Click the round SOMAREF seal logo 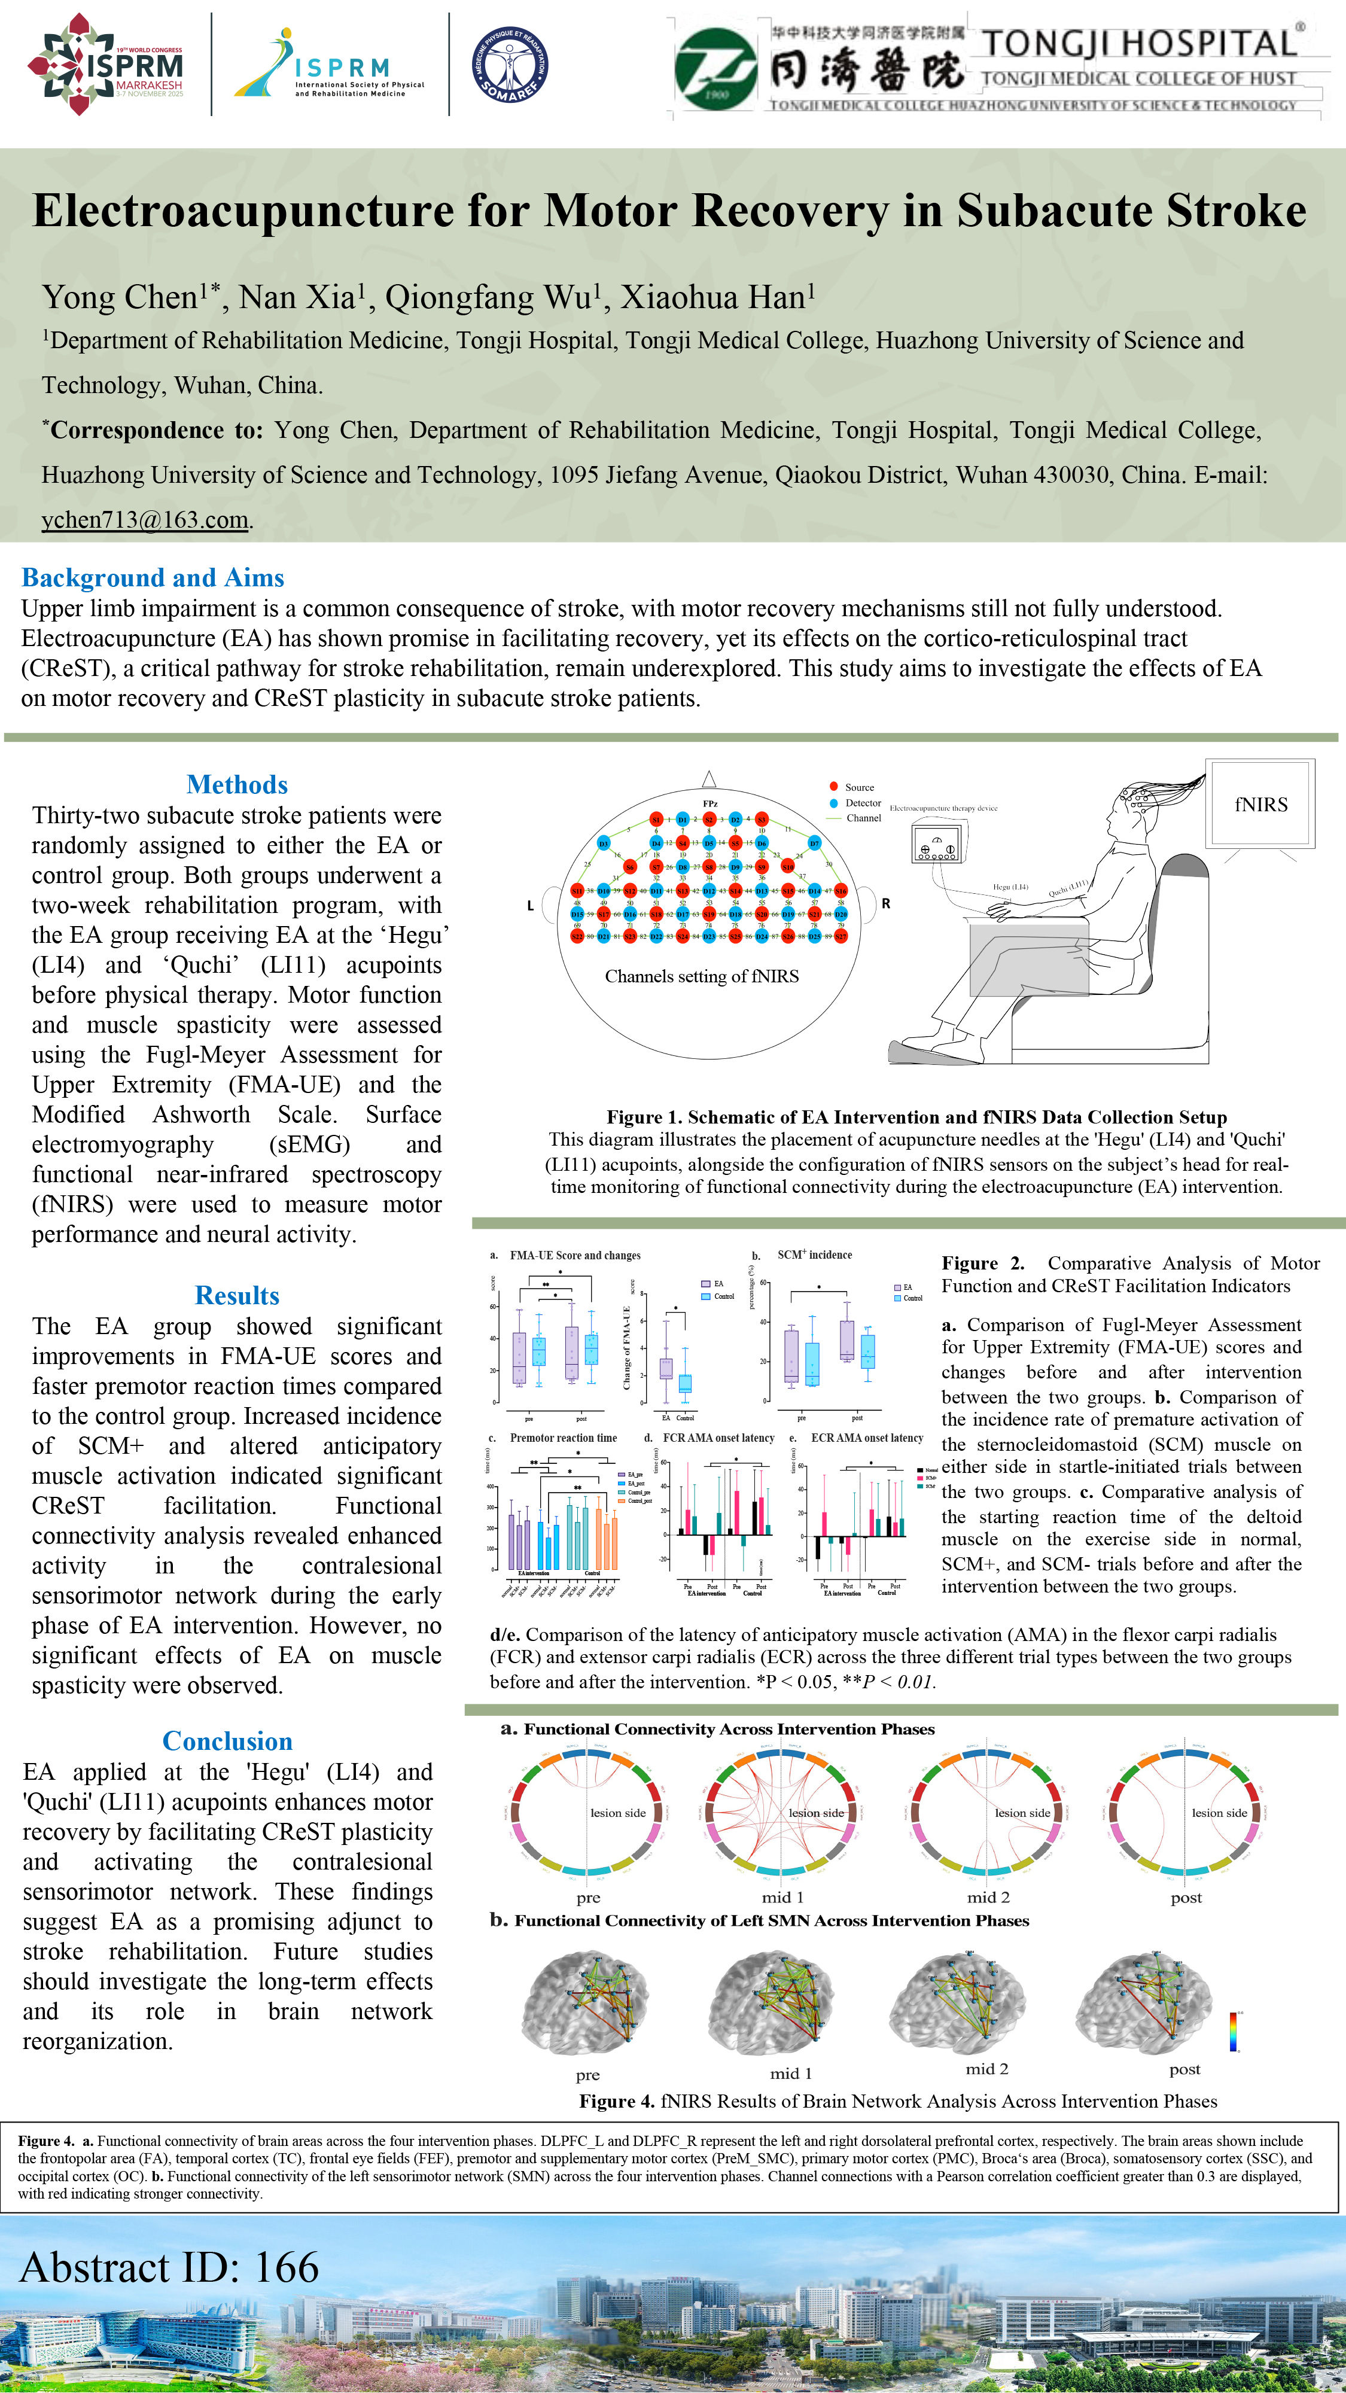click(510, 64)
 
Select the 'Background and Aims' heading click(153, 578)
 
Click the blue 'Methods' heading click(237, 785)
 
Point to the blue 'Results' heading click(237, 1296)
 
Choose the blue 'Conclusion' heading click(227, 1741)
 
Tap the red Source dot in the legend click(834, 787)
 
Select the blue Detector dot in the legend click(834, 803)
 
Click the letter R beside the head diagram click(885, 903)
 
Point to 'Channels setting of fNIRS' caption click(701, 976)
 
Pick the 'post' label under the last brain click(1184, 2070)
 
